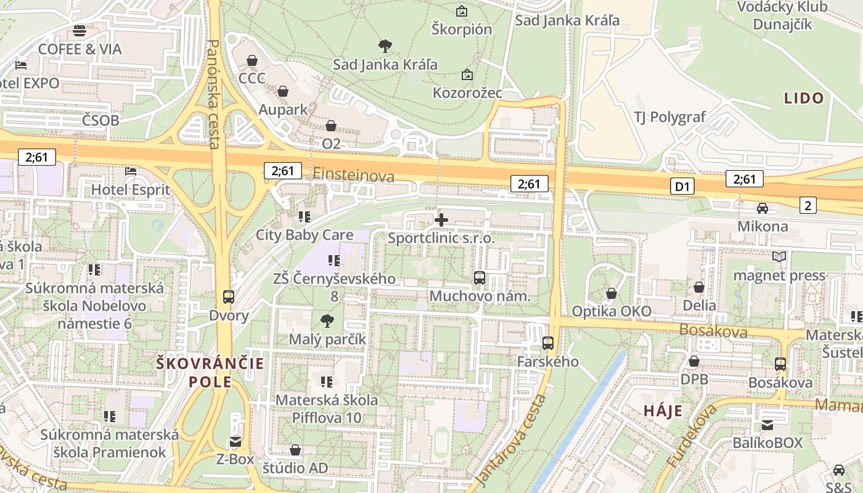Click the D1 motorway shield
[x=682, y=186]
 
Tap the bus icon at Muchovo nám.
[x=480, y=278]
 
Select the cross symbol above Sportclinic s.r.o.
[x=441, y=219]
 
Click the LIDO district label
[x=804, y=98]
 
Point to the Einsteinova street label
[x=353, y=176]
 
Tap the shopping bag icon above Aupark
[x=283, y=92]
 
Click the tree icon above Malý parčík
[x=327, y=320]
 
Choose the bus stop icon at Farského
[x=548, y=343]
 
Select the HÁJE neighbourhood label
[x=663, y=411]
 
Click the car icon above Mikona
[x=763, y=208]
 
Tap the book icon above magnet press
[x=779, y=256]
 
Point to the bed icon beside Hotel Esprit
[x=131, y=171]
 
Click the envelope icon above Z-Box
[x=235, y=441]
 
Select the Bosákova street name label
[x=713, y=331]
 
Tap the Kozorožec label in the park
[x=467, y=93]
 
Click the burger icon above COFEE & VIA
[x=79, y=30]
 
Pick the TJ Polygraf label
[x=669, y=117]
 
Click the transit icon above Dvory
[x=228, y=297]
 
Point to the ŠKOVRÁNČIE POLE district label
[x=210, y=372]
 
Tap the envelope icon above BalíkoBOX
[x=767, y=425]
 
